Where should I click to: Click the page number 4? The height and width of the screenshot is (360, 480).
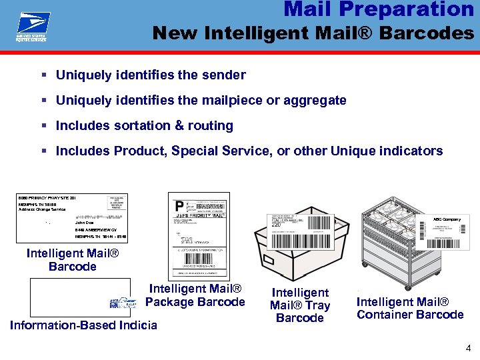(x=468, y=347)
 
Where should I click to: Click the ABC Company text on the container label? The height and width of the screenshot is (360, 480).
(x=447, y=219)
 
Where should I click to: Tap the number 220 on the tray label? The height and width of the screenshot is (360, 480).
(x=276, y=225)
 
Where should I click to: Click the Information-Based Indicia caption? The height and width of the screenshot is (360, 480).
(x=84, y=325)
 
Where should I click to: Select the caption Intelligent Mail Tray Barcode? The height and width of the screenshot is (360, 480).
(x=299, y=305)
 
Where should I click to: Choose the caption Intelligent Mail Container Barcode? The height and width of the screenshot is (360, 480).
(x=410, y=309)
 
